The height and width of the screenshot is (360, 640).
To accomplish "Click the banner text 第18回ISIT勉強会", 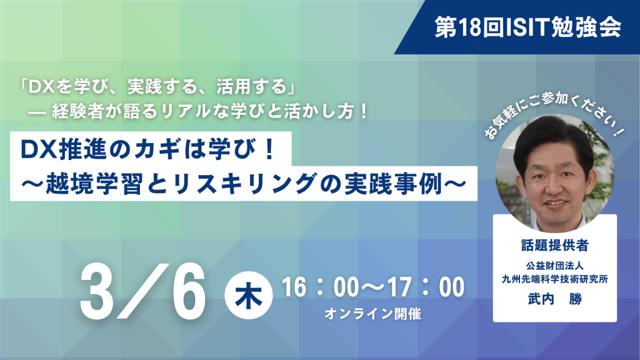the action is [x=528, y=27].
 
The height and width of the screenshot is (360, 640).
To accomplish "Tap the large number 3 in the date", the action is [x=97, y=291].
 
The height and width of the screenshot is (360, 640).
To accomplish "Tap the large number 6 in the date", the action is [x=189, y=291].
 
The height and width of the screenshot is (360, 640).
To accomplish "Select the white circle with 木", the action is [x=249, y=295].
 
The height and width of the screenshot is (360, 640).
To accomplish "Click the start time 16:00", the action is [x=320, y=287].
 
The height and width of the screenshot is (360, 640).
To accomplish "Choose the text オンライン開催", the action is [x=372, y=314].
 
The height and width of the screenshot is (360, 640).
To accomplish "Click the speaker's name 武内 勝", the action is [x=555, y=299].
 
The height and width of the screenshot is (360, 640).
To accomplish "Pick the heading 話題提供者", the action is [x=555, y=245].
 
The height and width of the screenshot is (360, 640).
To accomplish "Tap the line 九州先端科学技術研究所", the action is [x=555, y=279].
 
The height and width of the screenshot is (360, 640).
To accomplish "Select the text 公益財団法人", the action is [x=555, y=266].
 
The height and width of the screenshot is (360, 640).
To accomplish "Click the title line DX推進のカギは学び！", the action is [x=148, y=149].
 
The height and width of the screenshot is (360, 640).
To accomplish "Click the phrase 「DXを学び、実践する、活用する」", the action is [x=158, y=86].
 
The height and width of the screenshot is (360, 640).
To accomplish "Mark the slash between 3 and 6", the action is [x=143, y=291].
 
